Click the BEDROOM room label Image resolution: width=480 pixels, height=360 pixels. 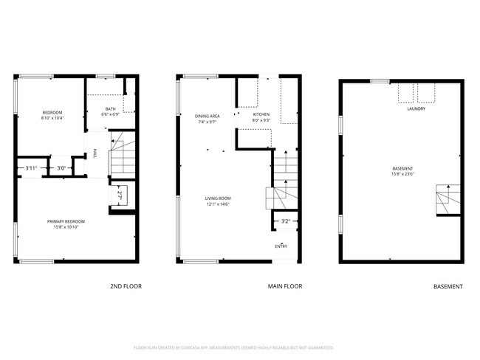pyautogui.click(x=51, y=112)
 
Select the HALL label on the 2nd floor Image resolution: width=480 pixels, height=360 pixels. pyautogui.click(x=95, y=153)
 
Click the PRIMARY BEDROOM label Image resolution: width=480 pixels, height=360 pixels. pyautogui.click(x=66, y=221)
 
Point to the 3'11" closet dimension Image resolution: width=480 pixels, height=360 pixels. pyautogui.click(x=31, y=168)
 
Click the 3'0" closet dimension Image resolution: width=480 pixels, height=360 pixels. pyautogui.click(x=62, y=168)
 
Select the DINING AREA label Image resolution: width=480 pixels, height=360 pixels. pyautogui.click(x=207, y=116)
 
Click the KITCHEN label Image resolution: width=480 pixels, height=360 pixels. pyautogui.click(x=261, y=114)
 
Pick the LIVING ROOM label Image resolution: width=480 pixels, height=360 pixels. pyautogui.click(x=218, y=198)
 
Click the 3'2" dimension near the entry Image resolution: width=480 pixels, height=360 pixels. pyautogui.click(x=285, y=221)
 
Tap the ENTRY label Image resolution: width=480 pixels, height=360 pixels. pyautogui.click(x=281, y=246)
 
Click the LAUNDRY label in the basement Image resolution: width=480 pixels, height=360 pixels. pyautogui.click(x=416, y=108)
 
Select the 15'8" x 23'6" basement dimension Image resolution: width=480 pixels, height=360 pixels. pyautogui.click(x=402, y=174)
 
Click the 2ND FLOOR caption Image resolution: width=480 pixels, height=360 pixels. pyautogui.click(x=126, y=286)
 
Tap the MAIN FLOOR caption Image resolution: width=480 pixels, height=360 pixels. pyautogui.click(x=285, y=286)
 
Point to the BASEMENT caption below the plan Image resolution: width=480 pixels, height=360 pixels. pyautogui.click(x=448, y=286)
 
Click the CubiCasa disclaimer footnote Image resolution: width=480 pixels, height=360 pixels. pyautogui.click(x=233, y=347)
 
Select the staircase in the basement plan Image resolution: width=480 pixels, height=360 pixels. pyautogui.click(x=447, y=199)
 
